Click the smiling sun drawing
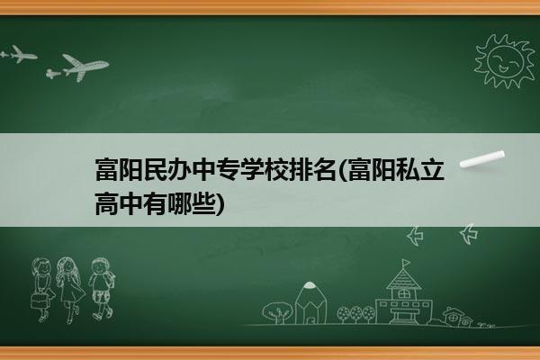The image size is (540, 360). [505, 61]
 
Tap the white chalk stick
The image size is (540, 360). [482, 159]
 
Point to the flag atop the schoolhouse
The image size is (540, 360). [407, 263]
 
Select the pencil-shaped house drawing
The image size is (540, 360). [310, 302]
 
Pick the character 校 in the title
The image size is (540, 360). [276, 169]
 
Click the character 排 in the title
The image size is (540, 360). [300, 169]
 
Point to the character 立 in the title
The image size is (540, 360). [432, 169]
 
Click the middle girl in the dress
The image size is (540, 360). [70, 290]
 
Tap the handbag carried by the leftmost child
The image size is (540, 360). [39, 301]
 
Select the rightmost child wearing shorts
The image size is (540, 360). [102, 289]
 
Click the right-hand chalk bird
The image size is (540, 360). [469, 234]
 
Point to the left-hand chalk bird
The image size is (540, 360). [415, 236]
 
